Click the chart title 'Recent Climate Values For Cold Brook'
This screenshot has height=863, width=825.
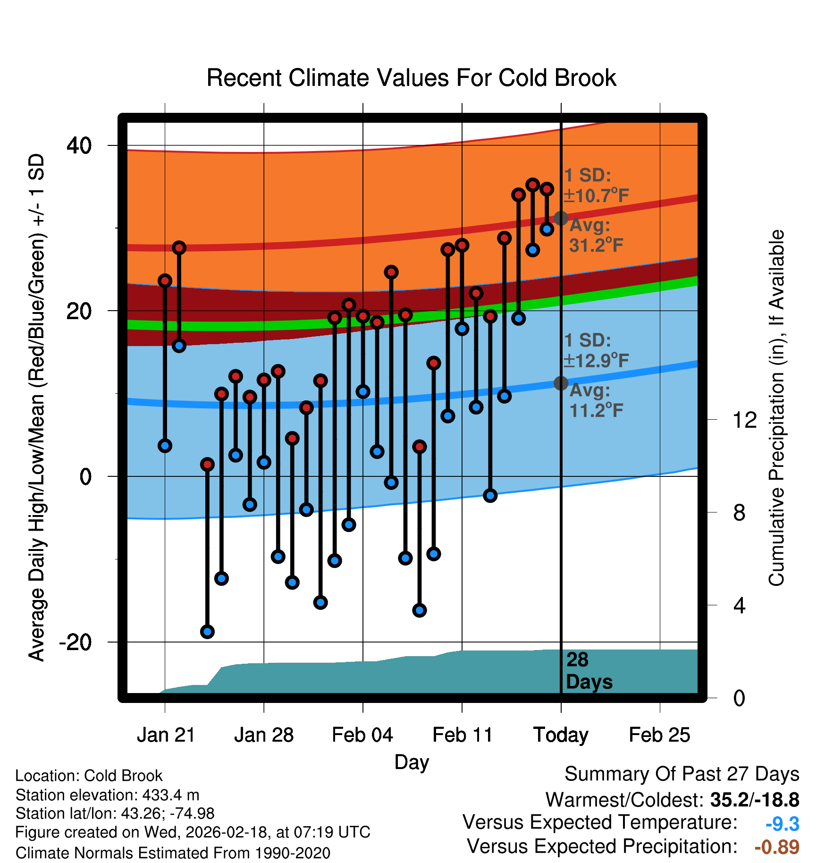click(411, 78)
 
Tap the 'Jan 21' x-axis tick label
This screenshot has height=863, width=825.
click(166, 735)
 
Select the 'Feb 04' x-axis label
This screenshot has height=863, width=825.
click(362, 735)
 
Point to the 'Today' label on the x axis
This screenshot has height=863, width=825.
click(561, 735)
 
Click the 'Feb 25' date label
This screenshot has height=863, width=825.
click(659, 735)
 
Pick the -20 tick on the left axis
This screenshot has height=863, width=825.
click(75, 642)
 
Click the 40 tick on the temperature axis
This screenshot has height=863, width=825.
click(79, 145)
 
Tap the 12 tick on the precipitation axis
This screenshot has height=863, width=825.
click(744, 420)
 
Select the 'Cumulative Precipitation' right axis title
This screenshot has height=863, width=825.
click(776, 408)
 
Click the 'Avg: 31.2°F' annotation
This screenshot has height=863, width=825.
click(596, 235)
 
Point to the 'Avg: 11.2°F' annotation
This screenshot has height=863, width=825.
click(596, 400)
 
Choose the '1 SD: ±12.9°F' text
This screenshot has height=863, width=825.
click(596, 350)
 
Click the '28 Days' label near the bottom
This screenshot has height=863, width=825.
click(589, 671)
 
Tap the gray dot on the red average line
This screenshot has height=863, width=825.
click(561, 218)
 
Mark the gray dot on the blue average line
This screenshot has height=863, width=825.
click(561, 383)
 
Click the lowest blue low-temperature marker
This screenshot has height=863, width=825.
click(207, 632)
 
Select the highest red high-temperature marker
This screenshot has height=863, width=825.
click(533, 185)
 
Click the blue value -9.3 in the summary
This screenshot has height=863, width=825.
click(782, 824)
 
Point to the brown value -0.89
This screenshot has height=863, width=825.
click(777, 847)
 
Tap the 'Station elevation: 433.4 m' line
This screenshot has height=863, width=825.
click(108, 795)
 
